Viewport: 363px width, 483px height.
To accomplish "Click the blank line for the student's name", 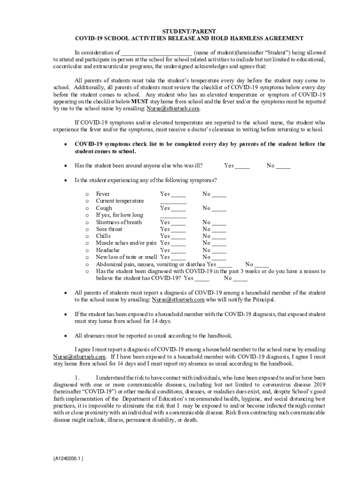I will (x=156, y=53).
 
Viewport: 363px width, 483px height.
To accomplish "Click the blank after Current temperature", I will (x=173, y=201).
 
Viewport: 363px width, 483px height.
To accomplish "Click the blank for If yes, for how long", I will (x=173, y=216).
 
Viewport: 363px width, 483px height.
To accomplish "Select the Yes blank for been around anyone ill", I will (x=242, y=166).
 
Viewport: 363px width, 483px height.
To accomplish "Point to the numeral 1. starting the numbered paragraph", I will (x=78, y=378).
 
